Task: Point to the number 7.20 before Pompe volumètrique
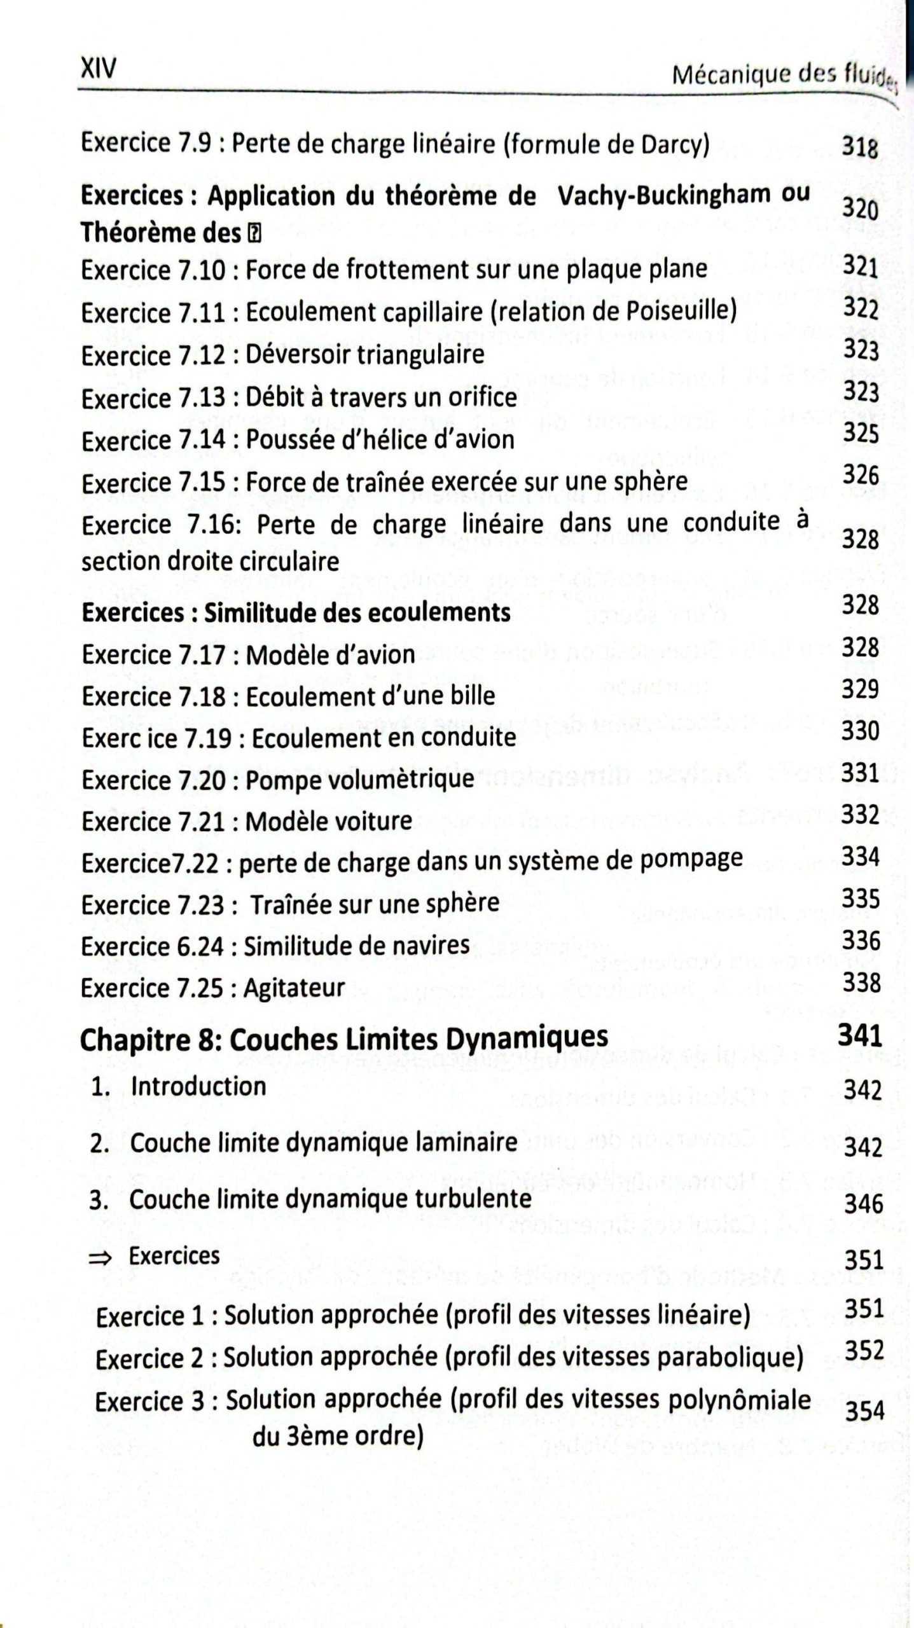pos(198,780)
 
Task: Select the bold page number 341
pos(859,1036)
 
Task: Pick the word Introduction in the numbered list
pos(198,1086)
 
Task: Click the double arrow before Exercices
pos(102,1257)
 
